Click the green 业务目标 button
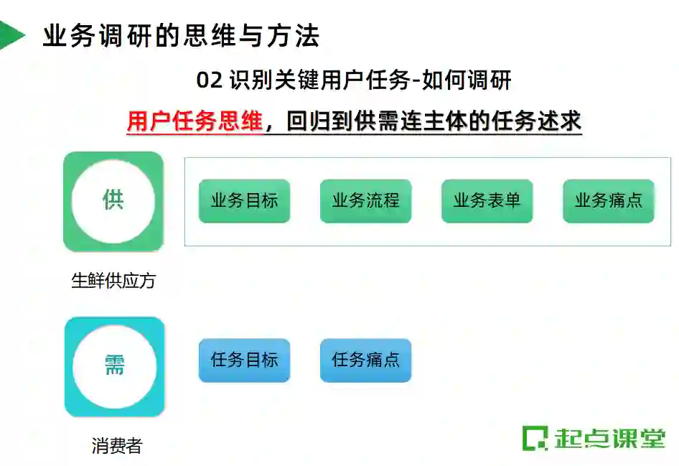point(244,201)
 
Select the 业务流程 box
point(365,201)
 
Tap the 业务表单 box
point(487,201)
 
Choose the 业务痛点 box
point(608,201)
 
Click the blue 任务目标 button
point(244,360)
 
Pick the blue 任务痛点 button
point(365,360)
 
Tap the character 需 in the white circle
point(114,366)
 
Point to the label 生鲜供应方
point(113,281)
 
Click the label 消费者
point(117,446)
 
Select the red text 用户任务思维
point(195,121)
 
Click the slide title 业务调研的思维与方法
point(181,36)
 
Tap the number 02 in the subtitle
point(210,80)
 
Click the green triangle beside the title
point(10,35)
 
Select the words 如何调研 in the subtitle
point(467,80)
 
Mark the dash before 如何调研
point(416,81)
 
